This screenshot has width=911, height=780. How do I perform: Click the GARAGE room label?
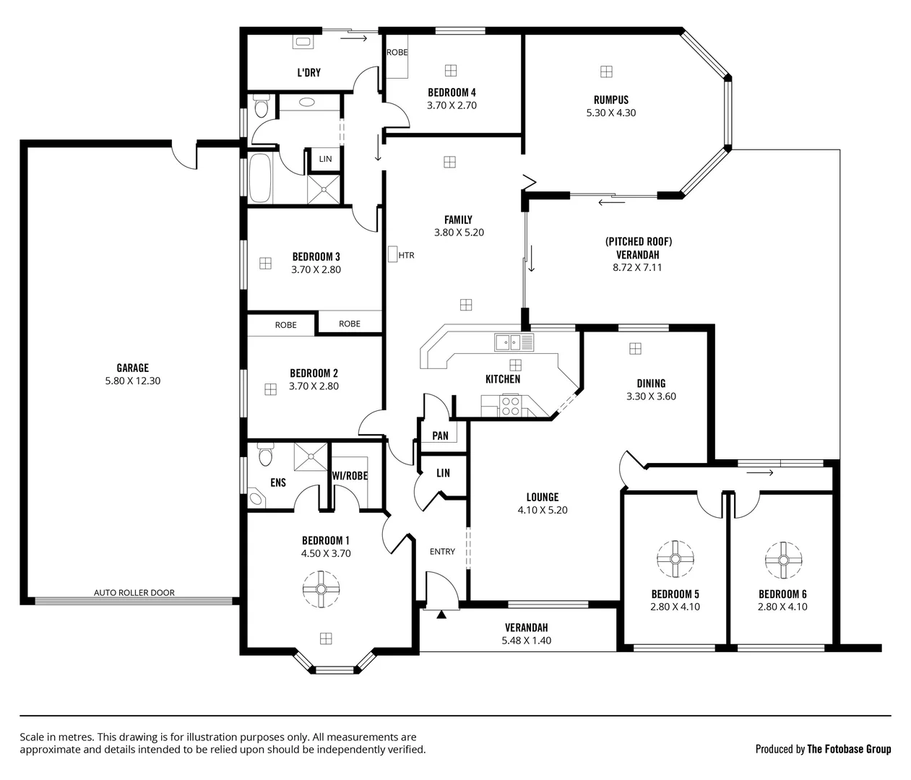[x=133, y=368]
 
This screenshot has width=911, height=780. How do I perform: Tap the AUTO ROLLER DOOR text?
[x=134, y=592]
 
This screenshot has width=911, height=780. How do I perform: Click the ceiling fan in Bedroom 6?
[x=783, y=560]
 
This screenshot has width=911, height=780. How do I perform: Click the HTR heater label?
[x=406, y=255]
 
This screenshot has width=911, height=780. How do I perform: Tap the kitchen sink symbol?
[x=514, y=342]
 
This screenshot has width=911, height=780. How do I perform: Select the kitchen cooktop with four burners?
[x=511, y=407]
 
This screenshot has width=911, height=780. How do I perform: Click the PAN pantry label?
[x=440, y=435]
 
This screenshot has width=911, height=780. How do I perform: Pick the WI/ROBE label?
[x=350, y=476]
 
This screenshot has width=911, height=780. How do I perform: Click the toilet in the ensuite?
[x=264, y=455]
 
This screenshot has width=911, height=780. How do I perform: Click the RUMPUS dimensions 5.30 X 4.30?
[x=611, y=113]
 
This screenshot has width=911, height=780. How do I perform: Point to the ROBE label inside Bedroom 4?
[x=397, y=52]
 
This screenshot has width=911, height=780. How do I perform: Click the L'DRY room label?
[x=308, y=72]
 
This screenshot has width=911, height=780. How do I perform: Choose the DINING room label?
[x=651, y=383]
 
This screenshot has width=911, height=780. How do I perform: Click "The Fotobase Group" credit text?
[x=848, y=749]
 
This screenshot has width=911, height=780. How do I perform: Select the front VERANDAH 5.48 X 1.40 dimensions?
[x=526, y=640]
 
